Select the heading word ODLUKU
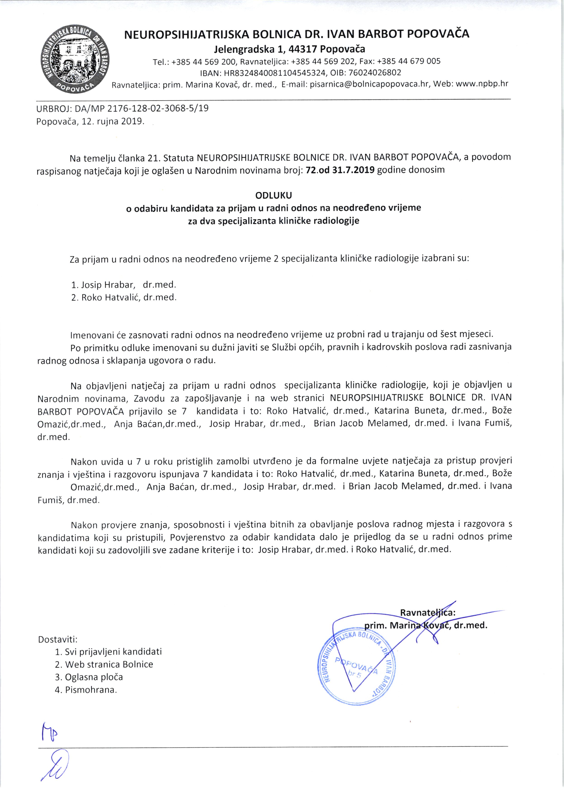click(273, 195)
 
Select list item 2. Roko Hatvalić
click(124, 297)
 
